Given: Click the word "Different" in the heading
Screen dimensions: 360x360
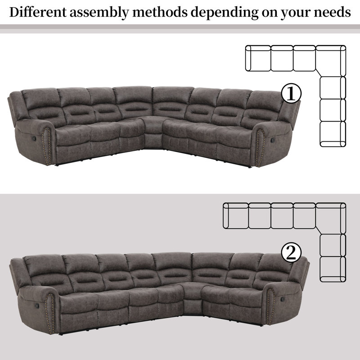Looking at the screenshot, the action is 38,12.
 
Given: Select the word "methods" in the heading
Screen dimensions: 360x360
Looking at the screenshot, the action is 160,12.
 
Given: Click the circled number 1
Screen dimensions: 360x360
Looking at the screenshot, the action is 291,93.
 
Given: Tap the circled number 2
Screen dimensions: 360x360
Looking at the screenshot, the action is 291,252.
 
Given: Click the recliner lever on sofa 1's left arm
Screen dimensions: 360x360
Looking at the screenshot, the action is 34,139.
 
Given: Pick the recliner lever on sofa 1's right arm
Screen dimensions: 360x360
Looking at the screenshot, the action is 273,139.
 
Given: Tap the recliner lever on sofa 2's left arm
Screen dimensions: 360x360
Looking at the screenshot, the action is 36,306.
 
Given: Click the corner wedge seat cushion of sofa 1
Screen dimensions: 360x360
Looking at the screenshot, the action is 153,125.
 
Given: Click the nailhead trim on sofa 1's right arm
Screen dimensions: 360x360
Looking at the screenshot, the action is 261,147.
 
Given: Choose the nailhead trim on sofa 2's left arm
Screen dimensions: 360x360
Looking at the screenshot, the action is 49,312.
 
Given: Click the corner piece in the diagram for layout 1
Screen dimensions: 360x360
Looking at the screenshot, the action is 331,61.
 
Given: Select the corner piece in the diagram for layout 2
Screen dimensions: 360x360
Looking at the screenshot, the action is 331,218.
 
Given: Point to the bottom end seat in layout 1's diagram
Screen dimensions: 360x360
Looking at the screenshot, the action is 333,134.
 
